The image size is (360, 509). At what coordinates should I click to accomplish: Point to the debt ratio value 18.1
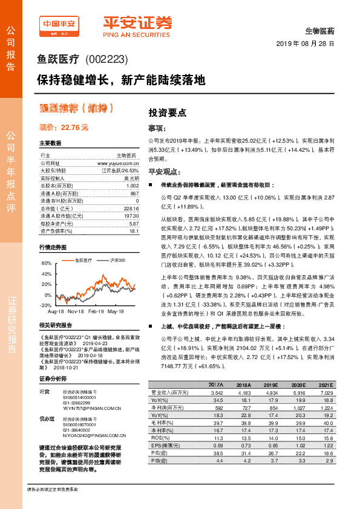134,231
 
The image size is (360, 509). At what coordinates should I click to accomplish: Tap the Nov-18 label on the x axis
76,311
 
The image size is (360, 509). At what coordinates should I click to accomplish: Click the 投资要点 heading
168,112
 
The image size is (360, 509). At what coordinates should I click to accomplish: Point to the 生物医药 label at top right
321,30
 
